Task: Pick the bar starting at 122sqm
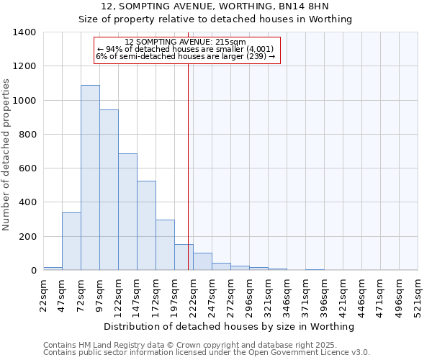pyautogui.click(x=127, y=212)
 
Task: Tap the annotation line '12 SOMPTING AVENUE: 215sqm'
pyautogui.click(x=185, y=42)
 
